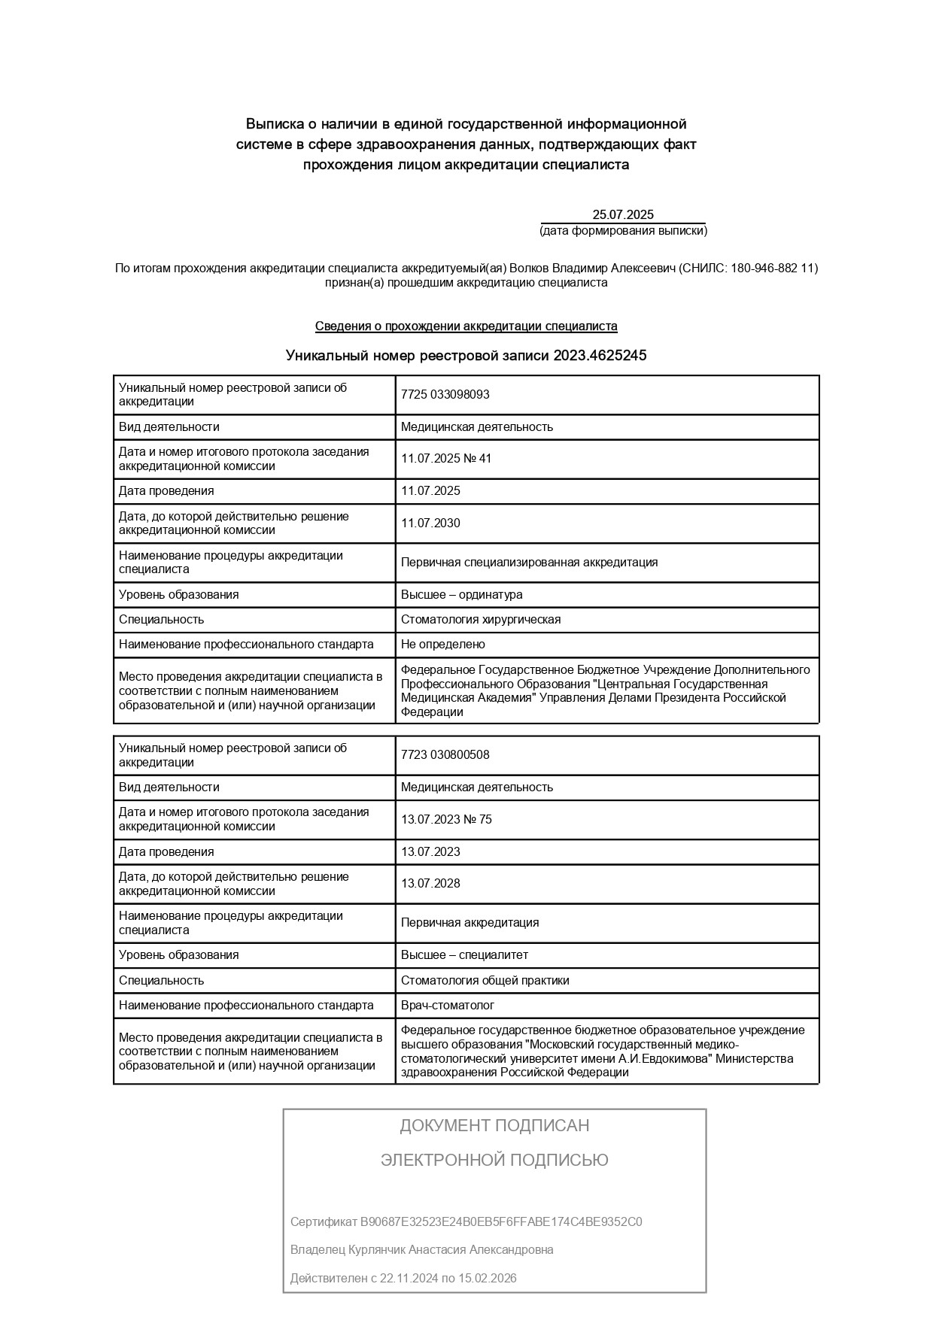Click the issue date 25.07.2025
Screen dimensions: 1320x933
622,214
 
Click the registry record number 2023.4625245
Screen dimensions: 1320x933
600,355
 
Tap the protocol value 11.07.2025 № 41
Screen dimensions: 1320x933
446,459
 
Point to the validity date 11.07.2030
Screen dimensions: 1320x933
430,523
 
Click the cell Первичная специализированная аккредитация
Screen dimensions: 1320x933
529,563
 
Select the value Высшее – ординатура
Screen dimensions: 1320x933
461,595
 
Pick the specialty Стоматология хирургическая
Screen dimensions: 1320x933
481,620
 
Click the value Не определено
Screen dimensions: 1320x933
443,645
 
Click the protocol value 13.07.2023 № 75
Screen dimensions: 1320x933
446,819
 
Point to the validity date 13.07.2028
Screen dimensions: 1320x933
430,884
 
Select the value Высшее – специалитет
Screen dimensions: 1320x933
464,955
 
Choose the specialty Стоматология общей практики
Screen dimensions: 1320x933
485,981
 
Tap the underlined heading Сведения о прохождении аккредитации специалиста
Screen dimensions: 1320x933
466,326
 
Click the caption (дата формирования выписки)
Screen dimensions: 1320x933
623,231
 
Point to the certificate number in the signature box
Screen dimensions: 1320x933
501,1221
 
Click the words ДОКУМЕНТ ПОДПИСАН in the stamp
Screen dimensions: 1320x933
494,1126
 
